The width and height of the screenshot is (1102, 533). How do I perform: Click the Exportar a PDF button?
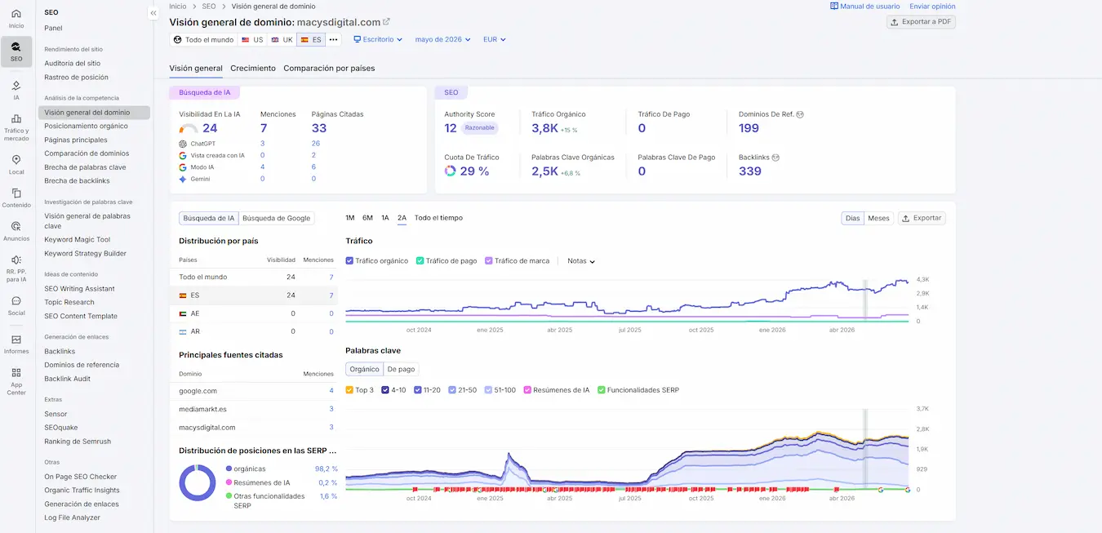click(x=921, y=22)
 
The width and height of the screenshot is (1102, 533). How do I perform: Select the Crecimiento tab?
click(x=253, y=69)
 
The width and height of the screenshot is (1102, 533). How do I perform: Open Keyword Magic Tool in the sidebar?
click(x=78, y=240)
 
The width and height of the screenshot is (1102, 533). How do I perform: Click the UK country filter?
click(x=282, y=39)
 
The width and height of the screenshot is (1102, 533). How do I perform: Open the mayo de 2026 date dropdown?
click(x=442, y=39)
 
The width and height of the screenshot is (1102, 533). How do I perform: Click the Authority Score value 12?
click(x=450, y=128)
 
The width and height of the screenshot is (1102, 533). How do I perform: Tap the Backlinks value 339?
click(x=749, y=171)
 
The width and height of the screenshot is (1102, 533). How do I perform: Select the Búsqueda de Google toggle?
click(x=276, y=218)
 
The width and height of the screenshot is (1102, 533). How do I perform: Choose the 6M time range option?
click(x=367, y=218)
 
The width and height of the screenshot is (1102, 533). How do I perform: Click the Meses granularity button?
click(x=878, y=218)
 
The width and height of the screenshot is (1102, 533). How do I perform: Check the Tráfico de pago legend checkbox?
click(x=420, y=261)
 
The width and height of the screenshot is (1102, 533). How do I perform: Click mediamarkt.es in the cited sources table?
click(x=202, y=409)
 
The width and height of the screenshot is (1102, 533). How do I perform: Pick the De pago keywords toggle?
click(x=401, y=369)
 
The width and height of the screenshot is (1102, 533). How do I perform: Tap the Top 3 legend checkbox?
click(x=349, y=390)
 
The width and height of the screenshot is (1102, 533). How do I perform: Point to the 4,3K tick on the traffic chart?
click(x=922, y=279)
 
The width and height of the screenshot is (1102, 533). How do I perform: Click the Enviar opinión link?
click(x=932, y=7)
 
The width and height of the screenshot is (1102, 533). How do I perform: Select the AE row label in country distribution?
click(x=195, y=313)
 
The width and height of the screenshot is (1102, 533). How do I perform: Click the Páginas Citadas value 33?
click(x=319, y=128)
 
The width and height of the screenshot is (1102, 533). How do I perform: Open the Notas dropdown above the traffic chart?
click(x=581, y=261)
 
